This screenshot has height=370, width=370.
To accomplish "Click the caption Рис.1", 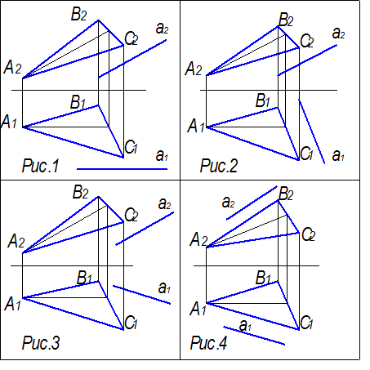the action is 40,166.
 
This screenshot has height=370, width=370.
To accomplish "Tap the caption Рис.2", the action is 219,166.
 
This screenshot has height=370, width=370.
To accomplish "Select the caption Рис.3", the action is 41,342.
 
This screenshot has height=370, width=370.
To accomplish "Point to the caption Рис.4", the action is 208,342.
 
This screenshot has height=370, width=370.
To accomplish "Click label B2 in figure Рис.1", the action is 79,14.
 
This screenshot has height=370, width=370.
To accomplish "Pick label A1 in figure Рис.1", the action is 9,122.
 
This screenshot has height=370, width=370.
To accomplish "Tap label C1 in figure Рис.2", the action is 306,154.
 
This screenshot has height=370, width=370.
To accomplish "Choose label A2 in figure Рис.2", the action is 194,69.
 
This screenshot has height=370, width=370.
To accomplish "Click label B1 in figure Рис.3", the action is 84,278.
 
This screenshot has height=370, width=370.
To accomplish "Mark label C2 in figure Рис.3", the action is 132,215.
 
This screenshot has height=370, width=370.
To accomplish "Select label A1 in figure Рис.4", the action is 198,310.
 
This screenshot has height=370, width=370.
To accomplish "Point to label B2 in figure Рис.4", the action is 286,194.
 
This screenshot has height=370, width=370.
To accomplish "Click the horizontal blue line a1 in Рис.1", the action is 123,169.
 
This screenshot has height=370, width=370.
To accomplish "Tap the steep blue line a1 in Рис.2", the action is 312,132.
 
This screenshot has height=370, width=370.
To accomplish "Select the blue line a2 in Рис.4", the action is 252,203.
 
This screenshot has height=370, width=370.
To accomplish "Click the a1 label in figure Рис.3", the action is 164,288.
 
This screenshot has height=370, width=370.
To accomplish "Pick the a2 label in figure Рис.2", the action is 338,33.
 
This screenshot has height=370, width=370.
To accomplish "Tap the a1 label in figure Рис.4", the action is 245,325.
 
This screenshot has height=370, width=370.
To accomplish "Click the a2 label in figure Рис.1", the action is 162,28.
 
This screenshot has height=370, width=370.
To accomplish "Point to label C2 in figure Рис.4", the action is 308,234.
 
